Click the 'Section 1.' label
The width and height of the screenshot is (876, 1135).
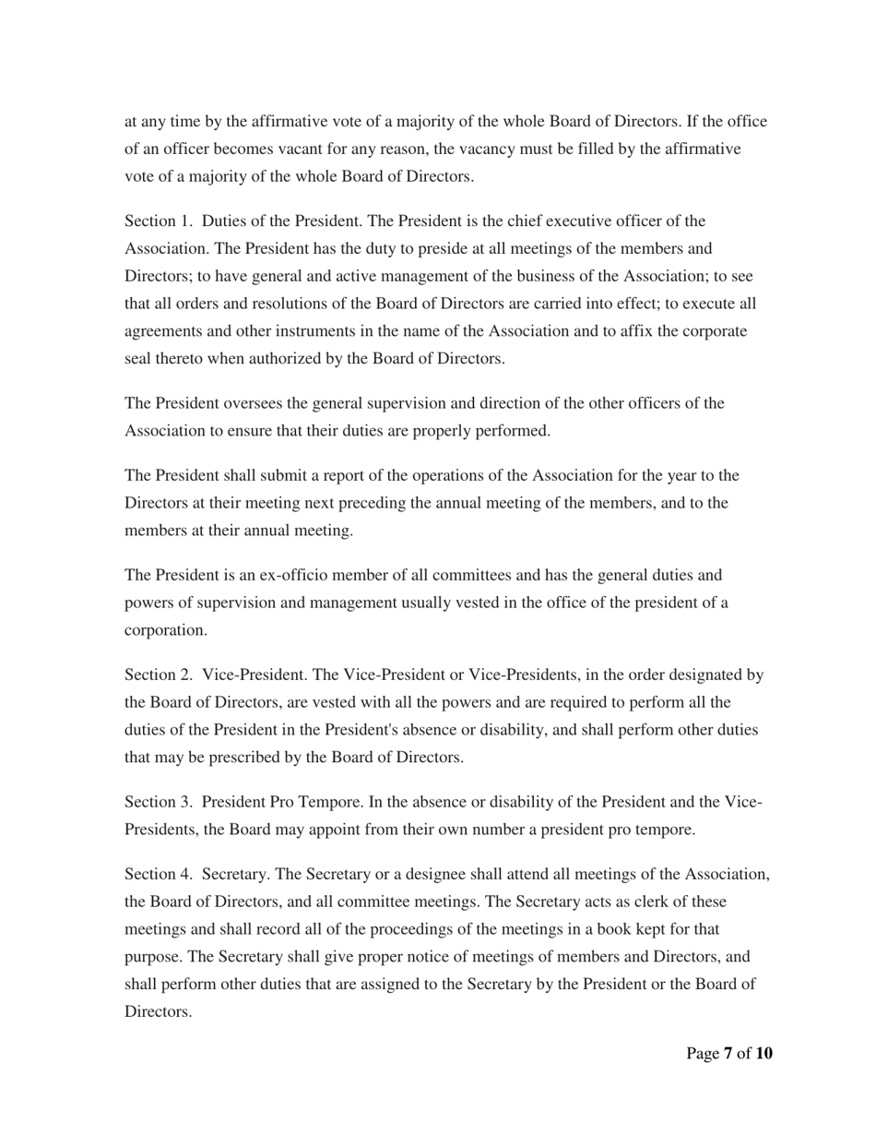[x=158, y=221]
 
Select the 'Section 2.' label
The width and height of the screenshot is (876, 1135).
[x=158, y=675]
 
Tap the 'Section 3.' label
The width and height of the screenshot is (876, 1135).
[x=158, y=802]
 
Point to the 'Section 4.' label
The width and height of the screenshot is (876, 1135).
[x=158, y=873]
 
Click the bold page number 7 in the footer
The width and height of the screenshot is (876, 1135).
[x=728, y=1054]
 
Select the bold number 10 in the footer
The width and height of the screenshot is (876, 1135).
[x=764, y=1054]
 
